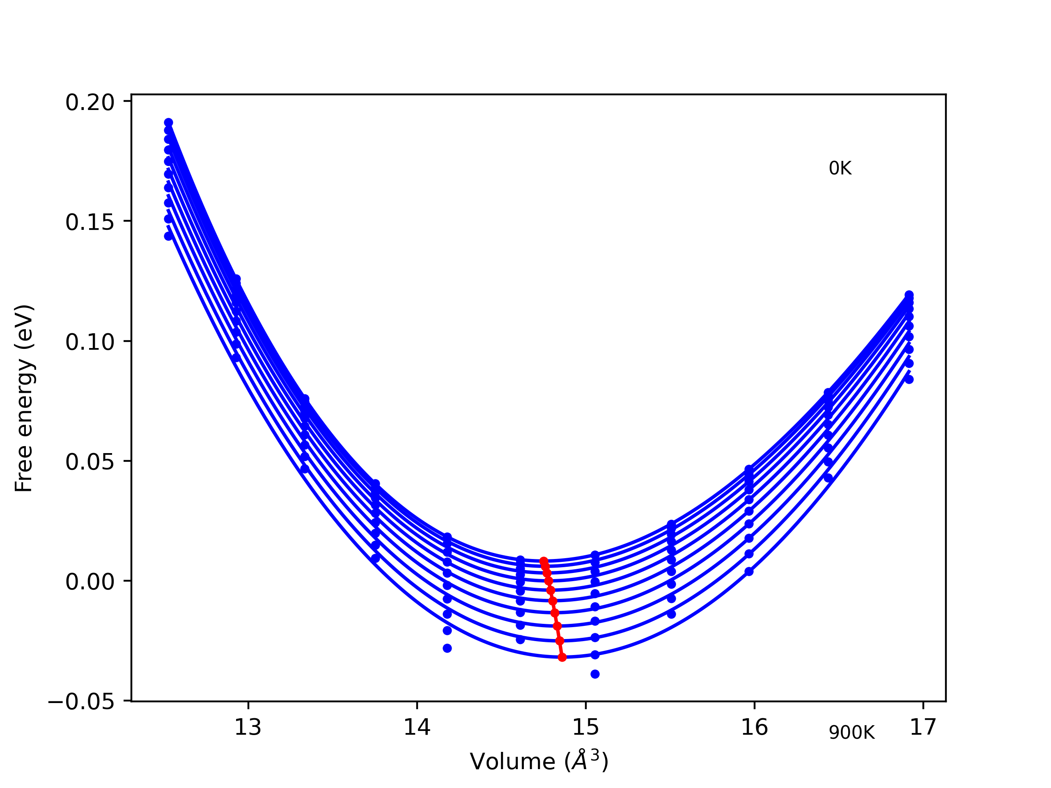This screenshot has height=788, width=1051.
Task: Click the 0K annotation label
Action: (840, 169)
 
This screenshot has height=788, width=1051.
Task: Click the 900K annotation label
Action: (851, 733)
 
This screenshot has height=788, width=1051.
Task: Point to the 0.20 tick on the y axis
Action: (90, 103)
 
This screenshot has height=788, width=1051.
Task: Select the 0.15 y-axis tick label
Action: (90, 222)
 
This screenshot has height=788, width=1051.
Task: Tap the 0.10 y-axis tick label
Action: (90, 342)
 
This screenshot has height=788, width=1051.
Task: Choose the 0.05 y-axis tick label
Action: (90, 462)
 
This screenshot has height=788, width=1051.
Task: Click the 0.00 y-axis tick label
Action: (90, 582)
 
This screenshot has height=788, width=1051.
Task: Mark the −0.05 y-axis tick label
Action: (81, 702)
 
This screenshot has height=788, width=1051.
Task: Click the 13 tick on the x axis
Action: (248, 727)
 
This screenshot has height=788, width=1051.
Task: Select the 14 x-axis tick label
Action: (417, 727)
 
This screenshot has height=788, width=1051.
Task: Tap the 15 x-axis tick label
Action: (585, 727)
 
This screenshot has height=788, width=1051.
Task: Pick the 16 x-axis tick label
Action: (754, 727)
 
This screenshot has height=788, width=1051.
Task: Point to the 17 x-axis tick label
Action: (923, 727)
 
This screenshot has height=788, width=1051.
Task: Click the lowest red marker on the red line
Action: (562, 657)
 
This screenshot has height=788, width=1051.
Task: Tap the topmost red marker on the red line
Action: (544, 561)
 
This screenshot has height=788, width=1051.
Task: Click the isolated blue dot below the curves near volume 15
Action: (595, 674)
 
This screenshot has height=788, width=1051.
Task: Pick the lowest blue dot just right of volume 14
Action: (447, 648)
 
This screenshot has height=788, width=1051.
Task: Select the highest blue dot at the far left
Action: (169, 123)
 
